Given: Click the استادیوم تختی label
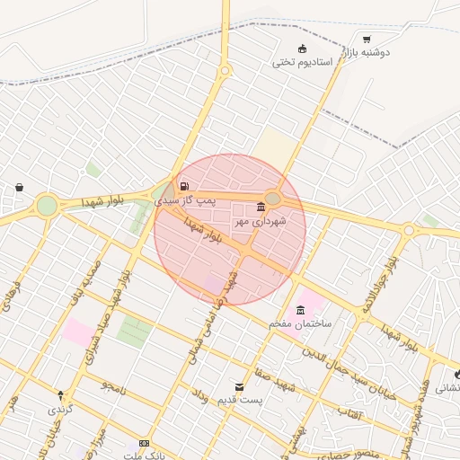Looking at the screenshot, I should [x=303, y=63].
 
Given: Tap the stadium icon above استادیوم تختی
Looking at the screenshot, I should [x=303, y=49].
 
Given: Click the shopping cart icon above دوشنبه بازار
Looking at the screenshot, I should [x=367, y=39].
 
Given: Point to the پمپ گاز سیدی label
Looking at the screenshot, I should [x=186, y=201].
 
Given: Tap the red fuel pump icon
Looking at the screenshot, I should [x=184, y=187].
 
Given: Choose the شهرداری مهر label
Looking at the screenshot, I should [x=261, y=220].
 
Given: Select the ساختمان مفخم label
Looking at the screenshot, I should [x=299, y=323].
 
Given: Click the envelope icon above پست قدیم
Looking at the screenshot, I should [x=238, y=385].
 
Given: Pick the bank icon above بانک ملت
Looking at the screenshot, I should [x=145, y=443].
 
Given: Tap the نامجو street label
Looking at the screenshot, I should [x=111, y=387].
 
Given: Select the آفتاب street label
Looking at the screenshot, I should [x=348, y=410].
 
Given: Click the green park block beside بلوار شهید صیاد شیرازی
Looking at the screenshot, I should [x=134, y=332].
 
